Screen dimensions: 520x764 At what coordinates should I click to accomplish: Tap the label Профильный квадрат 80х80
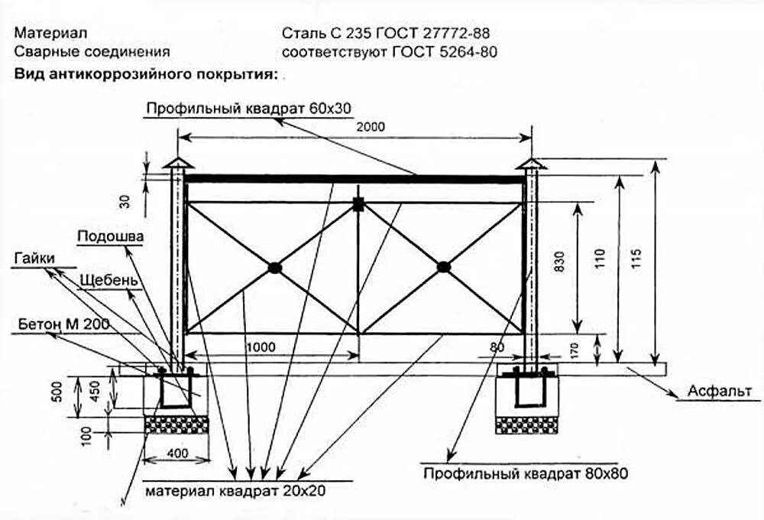(526, 473)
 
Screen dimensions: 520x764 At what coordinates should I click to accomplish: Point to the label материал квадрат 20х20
(235, 490)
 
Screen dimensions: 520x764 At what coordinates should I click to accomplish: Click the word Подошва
(110, 236)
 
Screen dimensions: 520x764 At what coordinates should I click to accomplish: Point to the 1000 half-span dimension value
(261, 346)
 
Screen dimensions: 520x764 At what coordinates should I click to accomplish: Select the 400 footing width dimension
(176, 453)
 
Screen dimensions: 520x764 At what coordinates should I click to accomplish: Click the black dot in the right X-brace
(444, 267)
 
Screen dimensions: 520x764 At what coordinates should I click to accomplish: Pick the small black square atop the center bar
(358, 203)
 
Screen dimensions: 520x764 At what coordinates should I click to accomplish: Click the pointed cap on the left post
(178, 164)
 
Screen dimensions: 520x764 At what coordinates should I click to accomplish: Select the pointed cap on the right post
(531, 164)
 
